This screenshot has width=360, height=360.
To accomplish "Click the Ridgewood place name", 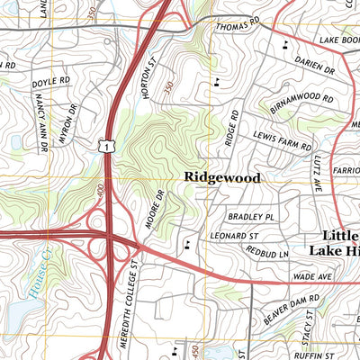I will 222,178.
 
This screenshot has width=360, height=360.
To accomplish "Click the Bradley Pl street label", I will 250,217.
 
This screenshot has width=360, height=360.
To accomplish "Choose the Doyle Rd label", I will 50,82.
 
